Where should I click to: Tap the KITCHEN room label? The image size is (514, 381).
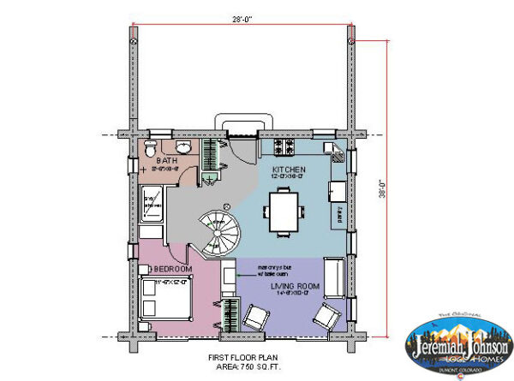(289, 170)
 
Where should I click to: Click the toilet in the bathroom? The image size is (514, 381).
(150, 149)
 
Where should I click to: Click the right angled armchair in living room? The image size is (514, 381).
(325, 318)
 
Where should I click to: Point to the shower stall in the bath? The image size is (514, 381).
(152, 203)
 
